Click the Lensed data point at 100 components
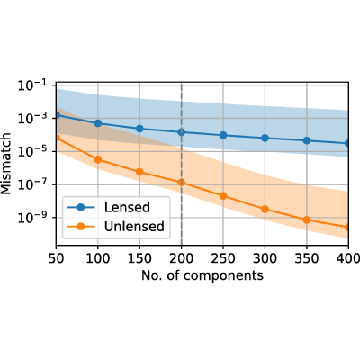(98, 123)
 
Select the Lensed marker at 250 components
(223, 135)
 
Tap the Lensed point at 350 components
(307, 140)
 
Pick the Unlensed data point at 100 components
(98, 159)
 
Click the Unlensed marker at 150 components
(139, 172)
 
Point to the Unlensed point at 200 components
(181, 183)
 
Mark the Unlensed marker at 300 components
(265, 209)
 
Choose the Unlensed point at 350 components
(307, 220)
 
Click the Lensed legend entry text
(127, 208)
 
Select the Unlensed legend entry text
(134, 227)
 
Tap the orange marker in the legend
(81, 227)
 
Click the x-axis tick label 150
(139, 258)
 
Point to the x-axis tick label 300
(265, 258)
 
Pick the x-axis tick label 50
(56, 258)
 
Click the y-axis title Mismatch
(6, 164)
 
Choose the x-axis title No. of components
(202, 275)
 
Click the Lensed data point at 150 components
(139, 129)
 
